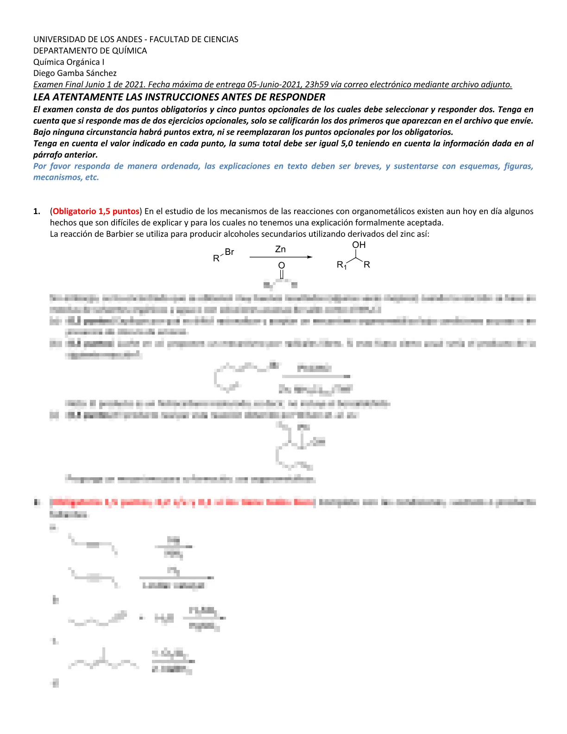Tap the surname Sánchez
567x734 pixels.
(101, 73)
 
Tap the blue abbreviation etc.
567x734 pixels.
(92, 177)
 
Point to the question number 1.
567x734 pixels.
(37, 211)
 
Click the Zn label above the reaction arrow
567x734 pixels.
(281, 249)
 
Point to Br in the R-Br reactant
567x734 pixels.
(229, 252)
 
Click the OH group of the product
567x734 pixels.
(359, 245)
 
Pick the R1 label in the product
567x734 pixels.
(342, 265)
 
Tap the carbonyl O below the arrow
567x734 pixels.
(281, 266)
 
